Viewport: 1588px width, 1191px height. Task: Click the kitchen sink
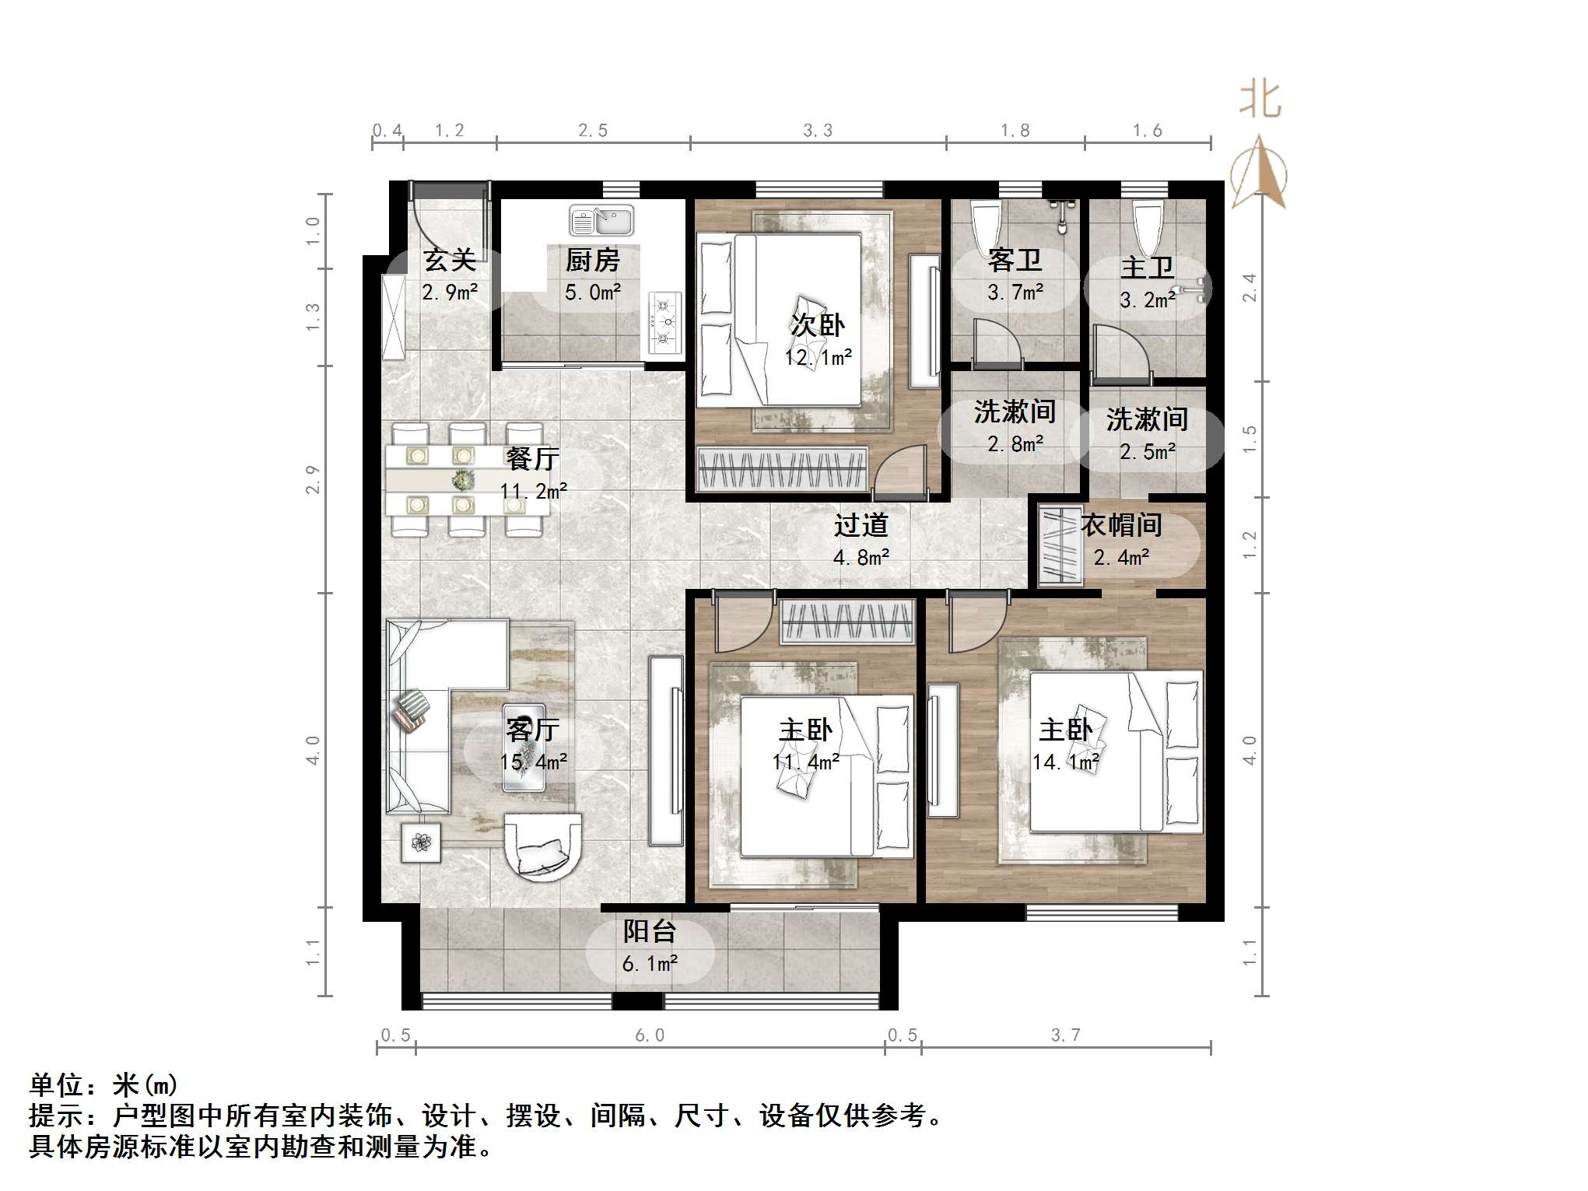601,221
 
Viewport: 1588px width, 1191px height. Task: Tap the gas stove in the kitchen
664,323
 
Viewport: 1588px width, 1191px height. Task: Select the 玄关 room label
449,261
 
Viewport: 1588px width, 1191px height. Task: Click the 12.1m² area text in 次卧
818,358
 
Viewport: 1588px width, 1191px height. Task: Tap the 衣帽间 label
1121,526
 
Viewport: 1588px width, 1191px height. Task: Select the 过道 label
861,526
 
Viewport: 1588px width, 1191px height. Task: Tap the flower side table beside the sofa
421,842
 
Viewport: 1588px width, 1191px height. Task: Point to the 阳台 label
649,932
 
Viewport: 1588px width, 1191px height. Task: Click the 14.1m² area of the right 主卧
1065,762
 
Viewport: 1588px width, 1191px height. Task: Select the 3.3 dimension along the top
818,131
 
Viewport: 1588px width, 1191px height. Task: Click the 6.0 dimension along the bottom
650,1035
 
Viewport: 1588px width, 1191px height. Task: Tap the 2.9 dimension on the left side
313,479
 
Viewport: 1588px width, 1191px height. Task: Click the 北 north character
1260,100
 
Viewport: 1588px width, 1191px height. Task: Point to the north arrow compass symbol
1259,173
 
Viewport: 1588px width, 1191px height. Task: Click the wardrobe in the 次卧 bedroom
781,469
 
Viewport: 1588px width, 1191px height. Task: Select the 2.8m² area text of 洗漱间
1015,444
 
